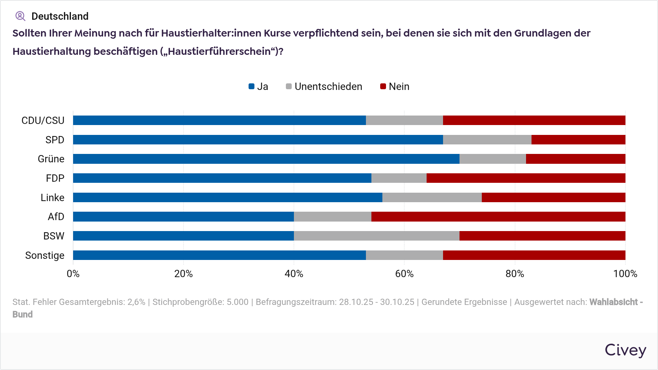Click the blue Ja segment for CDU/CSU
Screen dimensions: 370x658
[x=219, y=120]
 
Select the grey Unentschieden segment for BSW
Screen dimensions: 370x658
[x=377, y=236]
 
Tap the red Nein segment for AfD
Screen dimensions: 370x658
[x=498, y=216]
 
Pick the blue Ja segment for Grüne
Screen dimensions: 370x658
[x=266, y=159]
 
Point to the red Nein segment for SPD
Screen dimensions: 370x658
[x=578, y=140]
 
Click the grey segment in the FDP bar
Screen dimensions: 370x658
[x=399, y=178]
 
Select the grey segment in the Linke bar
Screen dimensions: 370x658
[x=432, y=197]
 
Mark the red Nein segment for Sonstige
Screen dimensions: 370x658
[x=534, y=255]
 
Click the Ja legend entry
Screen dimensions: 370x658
[x=258, y=87]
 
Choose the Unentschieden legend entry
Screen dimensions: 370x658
[x=324, y=87]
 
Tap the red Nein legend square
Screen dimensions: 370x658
[x=383, y=87]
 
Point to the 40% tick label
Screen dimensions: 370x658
[x=294, y=274]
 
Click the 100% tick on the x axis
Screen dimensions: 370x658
[x=625, y=274]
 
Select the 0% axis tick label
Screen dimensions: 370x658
[x=73, y=274]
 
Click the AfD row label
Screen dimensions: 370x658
[x=56, y=216]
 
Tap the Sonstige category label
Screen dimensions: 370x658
[x=45, y=255]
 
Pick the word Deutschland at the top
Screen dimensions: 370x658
[x=60, y=16]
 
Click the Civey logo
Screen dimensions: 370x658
[x=625, y=350]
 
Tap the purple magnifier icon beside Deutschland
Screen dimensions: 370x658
[x=20, y=16]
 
